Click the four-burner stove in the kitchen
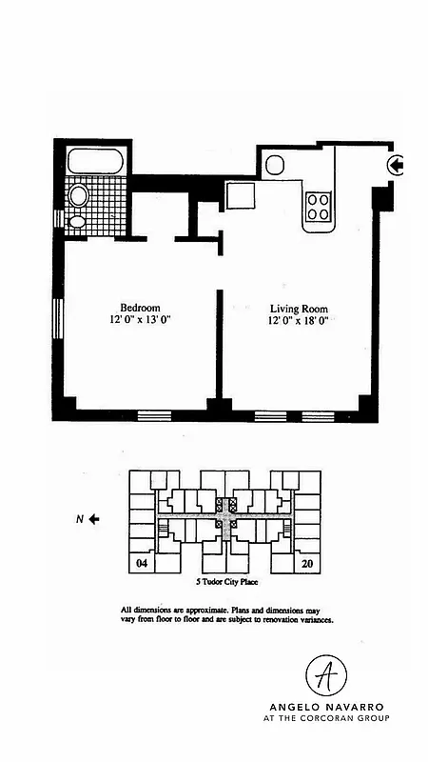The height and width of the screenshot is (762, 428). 318,207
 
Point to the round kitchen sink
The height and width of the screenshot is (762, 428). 274,164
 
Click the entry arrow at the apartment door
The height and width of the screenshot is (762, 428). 396,167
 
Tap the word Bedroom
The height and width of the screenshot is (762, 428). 140,308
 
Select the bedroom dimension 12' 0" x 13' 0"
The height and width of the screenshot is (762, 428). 140,321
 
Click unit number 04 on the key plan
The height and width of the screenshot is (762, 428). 142,564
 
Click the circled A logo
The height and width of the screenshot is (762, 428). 325,674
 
